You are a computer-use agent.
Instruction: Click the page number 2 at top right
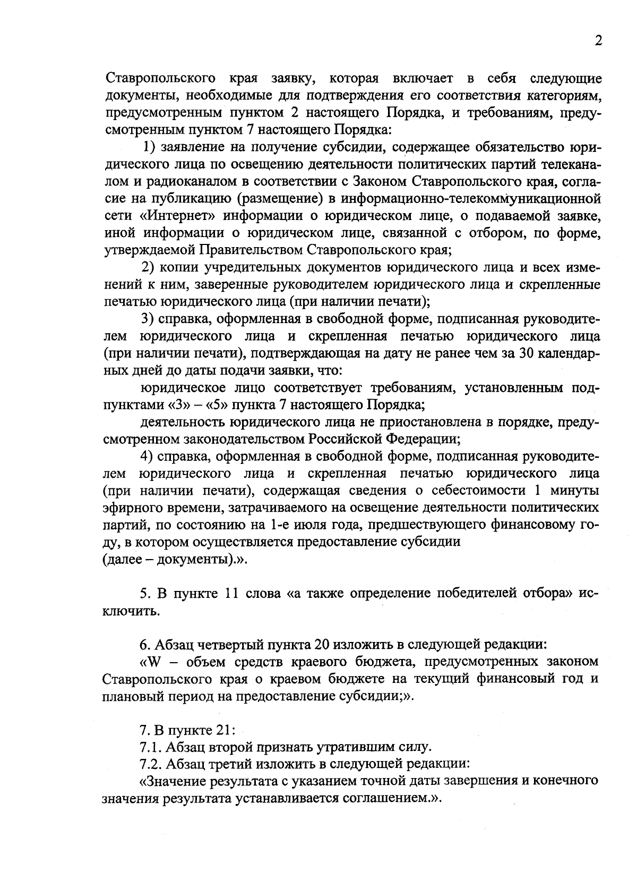click(598, 41)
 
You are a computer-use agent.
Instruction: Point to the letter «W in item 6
click(150, 662)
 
